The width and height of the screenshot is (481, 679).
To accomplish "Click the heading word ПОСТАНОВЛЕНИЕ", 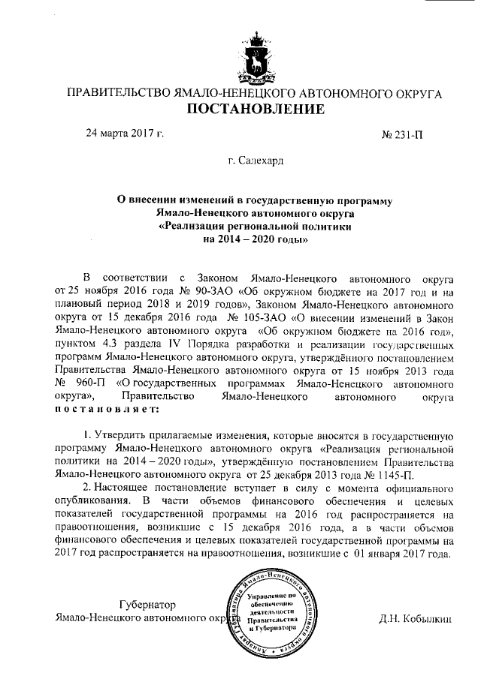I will pyautogui.click(x=255, y=110).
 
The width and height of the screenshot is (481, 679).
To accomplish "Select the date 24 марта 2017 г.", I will pyautogui.click(x=125, y=134).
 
